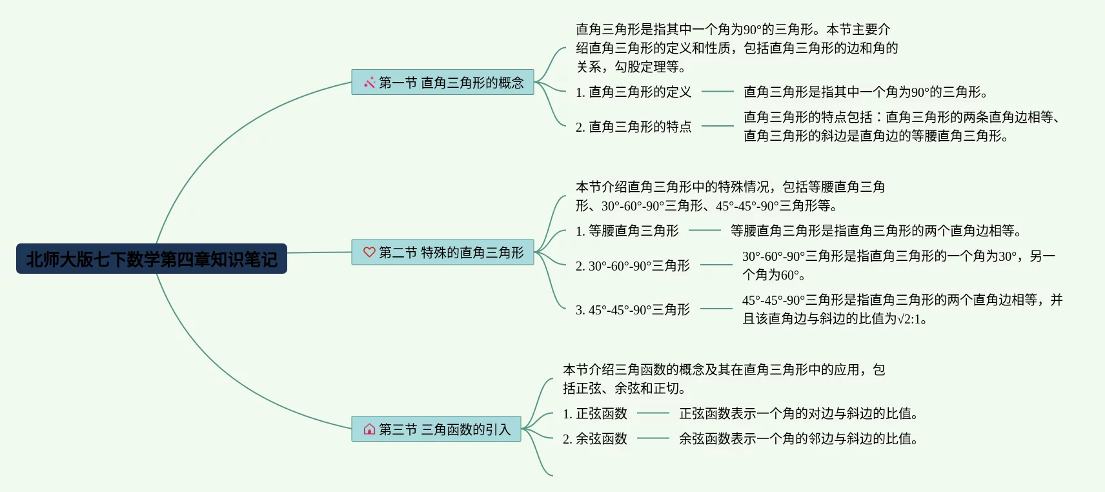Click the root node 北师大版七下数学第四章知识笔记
152,259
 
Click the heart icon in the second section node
369,252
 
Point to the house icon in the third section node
369,429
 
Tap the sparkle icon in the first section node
369,83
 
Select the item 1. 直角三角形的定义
633,92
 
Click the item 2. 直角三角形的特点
633,127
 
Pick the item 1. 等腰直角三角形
627,231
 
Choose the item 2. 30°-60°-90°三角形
633,266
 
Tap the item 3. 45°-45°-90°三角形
633,310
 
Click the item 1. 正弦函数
594,414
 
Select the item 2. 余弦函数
594,439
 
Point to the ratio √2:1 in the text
908,319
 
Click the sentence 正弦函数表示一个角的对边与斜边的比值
798,414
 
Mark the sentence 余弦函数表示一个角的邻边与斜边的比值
798,439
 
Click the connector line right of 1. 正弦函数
653,413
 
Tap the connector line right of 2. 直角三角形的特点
718,126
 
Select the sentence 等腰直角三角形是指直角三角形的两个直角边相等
875,231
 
